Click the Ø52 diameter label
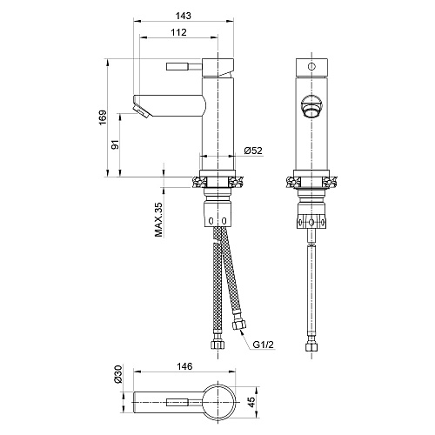tap(253, 151)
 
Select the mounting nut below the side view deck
tap(217, 213)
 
